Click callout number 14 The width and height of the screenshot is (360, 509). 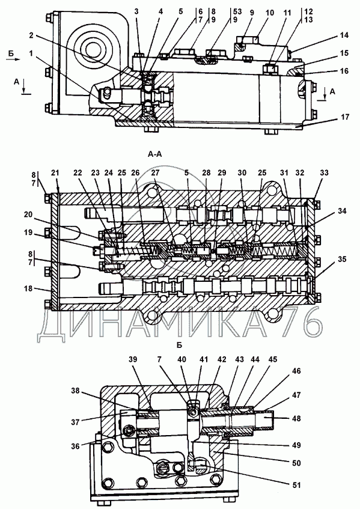[x=344, y=35]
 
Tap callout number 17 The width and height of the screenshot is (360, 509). [x=345, y=117]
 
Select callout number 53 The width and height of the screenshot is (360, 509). [x=237, y=11]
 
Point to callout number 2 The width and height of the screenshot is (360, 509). [x=31, y=35]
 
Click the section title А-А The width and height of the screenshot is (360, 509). [x=154, y=154]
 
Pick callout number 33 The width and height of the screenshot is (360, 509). [x=324, y=172]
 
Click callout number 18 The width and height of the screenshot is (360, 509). [x=29, y=288]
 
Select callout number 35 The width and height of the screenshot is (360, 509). [x=341, y=259]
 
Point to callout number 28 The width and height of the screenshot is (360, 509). [x=207, y=172]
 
